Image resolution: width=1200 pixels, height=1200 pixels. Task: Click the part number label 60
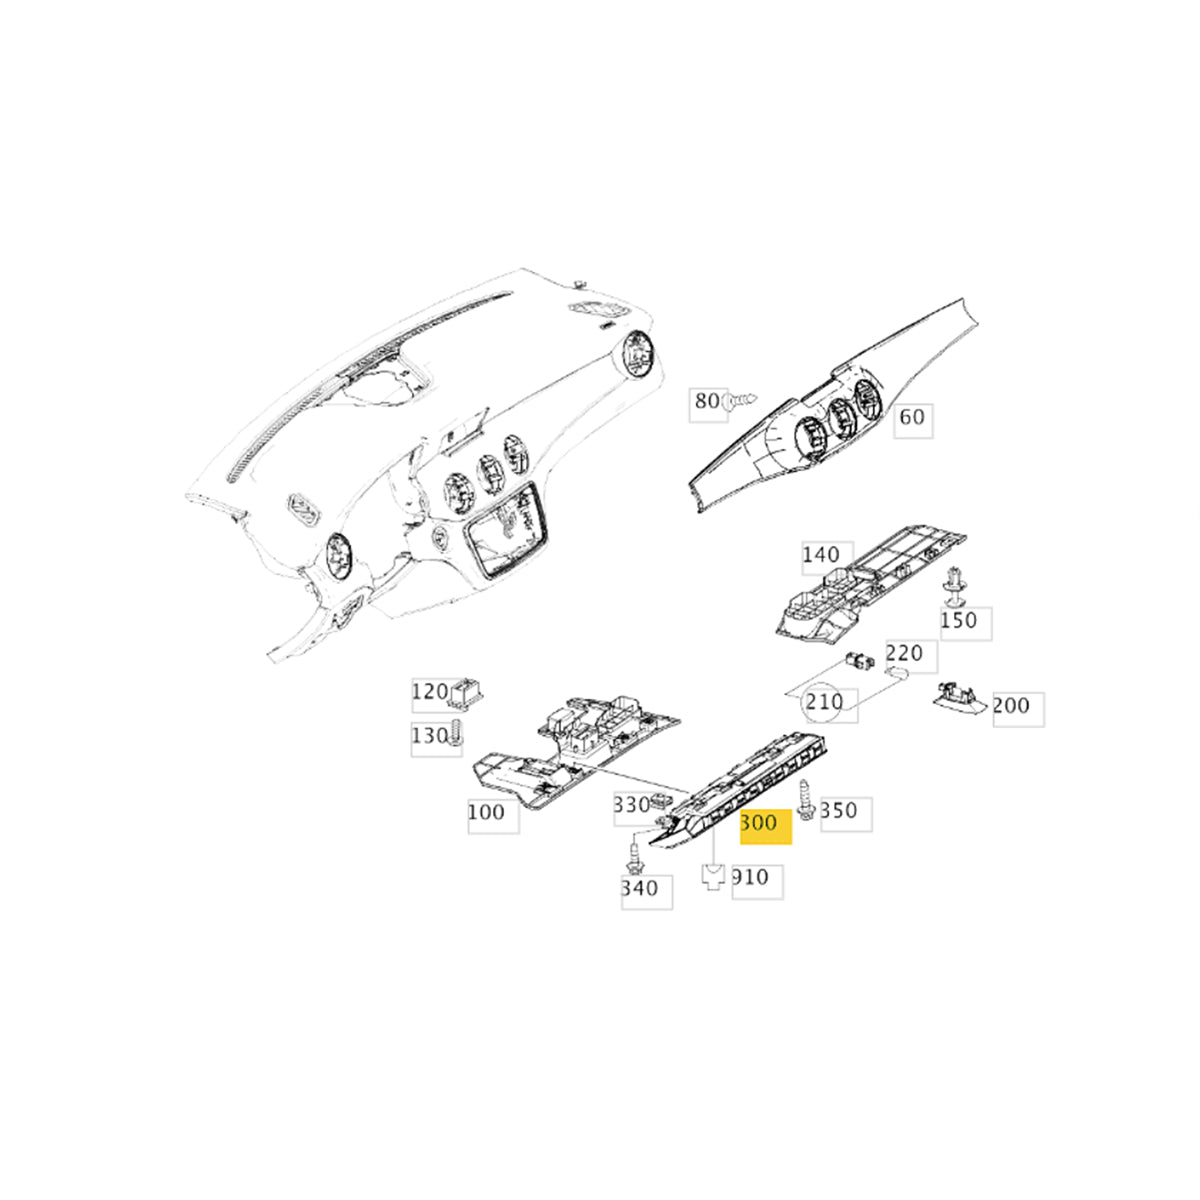(912, 416)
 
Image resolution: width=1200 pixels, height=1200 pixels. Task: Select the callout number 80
(706, 401)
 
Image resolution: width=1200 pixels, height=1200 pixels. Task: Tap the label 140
(821, 555)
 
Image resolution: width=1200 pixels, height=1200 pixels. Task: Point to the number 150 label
(958, 621)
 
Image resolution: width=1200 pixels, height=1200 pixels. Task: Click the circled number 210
(825, 702)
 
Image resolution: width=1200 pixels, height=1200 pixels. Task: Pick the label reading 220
(904, 654)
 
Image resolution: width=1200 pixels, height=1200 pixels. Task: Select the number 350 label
(838, 810)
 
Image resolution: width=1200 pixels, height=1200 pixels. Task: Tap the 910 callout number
(750, 877)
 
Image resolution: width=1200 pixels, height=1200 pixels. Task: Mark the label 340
(640, 888)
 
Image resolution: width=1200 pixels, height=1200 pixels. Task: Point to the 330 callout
(631, 805)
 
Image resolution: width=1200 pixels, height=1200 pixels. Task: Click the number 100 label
(486, 812)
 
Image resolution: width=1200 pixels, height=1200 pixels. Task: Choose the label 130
(428, 736)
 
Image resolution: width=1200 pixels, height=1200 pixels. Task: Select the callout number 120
(430, 691)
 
